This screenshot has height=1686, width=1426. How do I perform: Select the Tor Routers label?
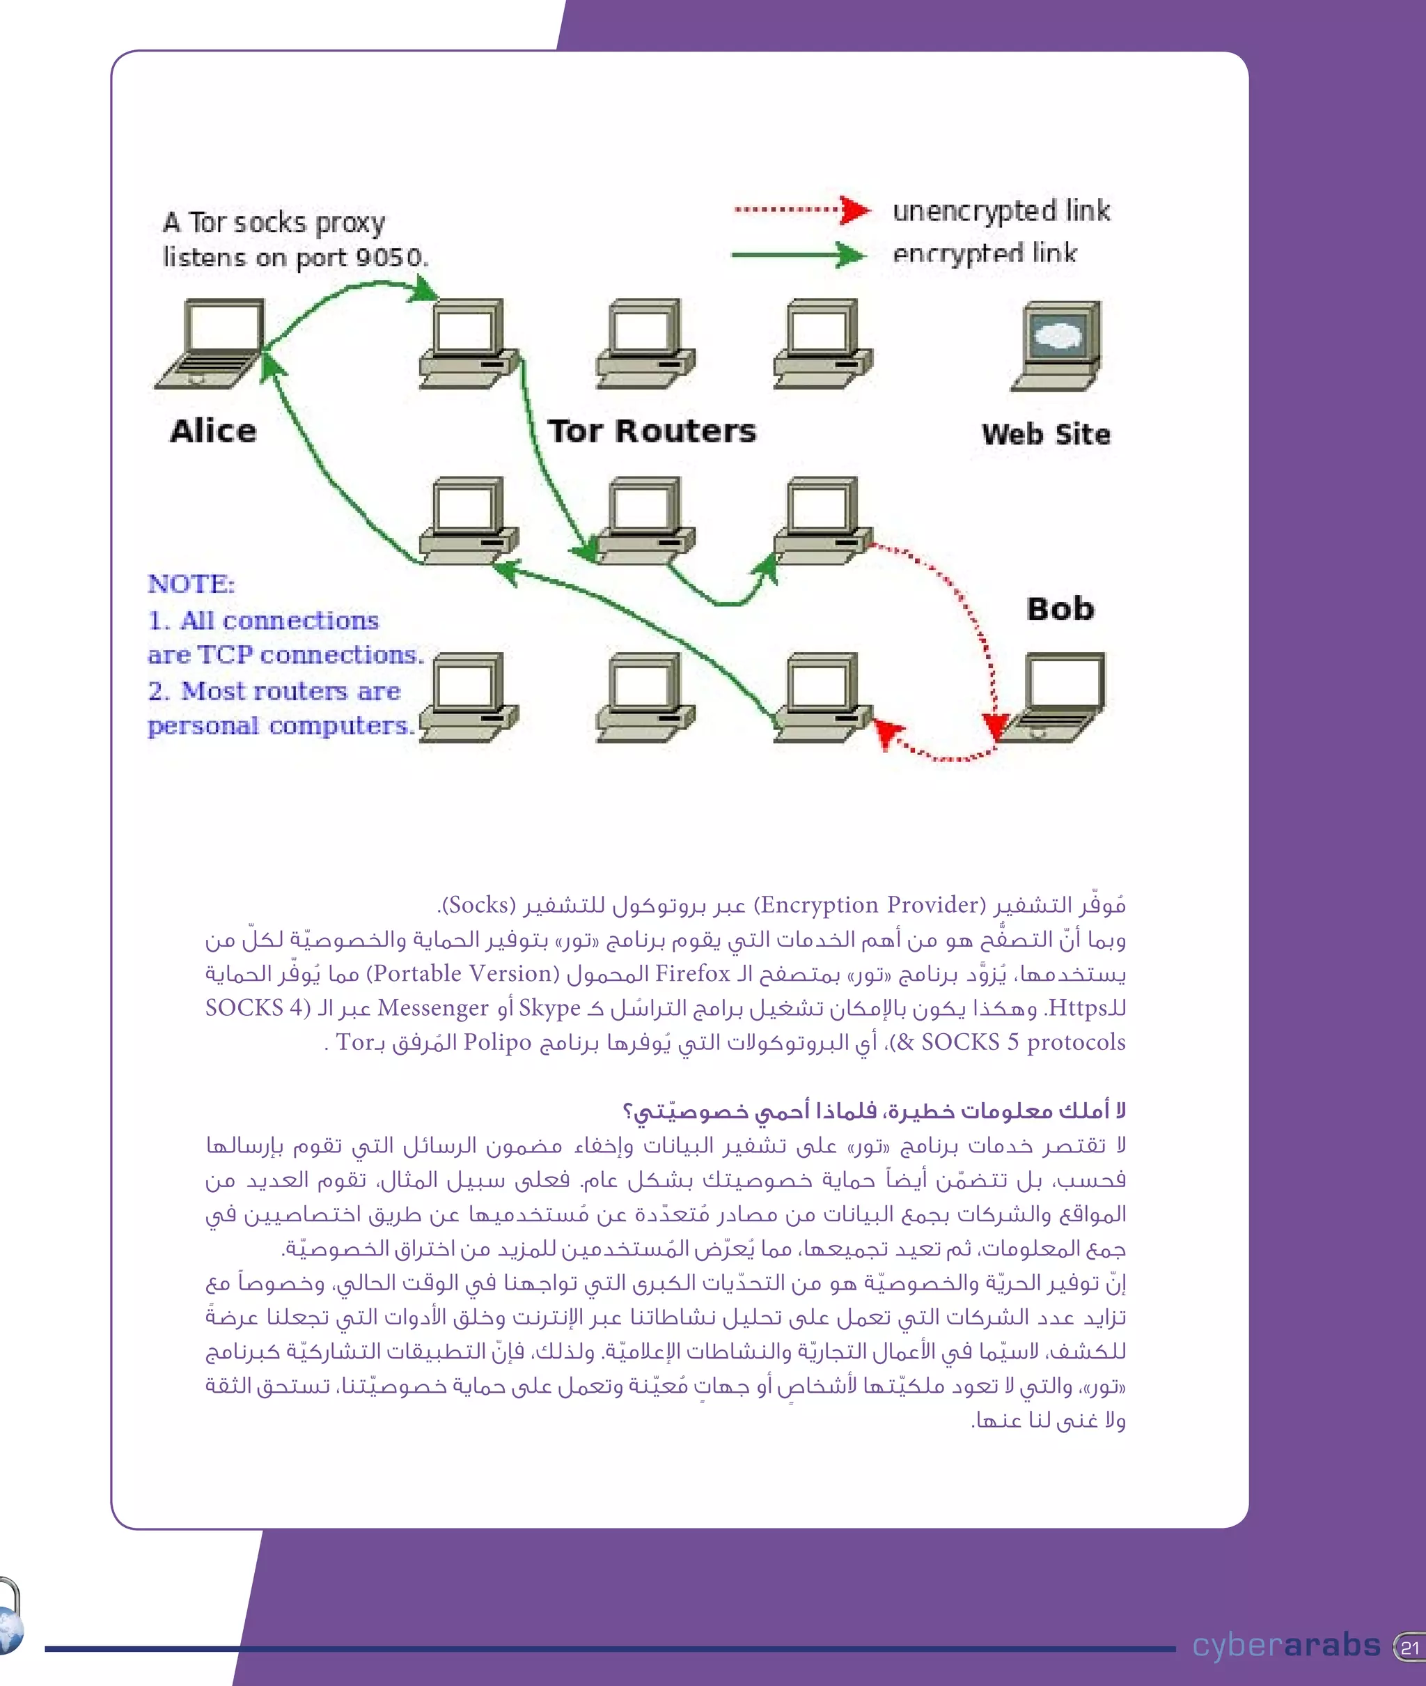coord(652,431)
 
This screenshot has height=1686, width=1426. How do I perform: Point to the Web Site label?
coord(1046,434)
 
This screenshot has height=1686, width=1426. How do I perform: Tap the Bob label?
coord(1060,609)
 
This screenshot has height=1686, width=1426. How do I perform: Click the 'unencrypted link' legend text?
coord(1001,211)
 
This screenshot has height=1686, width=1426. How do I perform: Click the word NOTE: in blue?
coord(191,584)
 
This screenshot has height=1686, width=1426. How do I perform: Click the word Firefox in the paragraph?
coord(692,973)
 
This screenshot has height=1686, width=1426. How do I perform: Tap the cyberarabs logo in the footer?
coord(1286,1645)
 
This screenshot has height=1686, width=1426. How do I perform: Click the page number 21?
coord(1410,1647)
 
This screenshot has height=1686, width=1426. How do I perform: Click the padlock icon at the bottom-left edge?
coord(10,1616)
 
